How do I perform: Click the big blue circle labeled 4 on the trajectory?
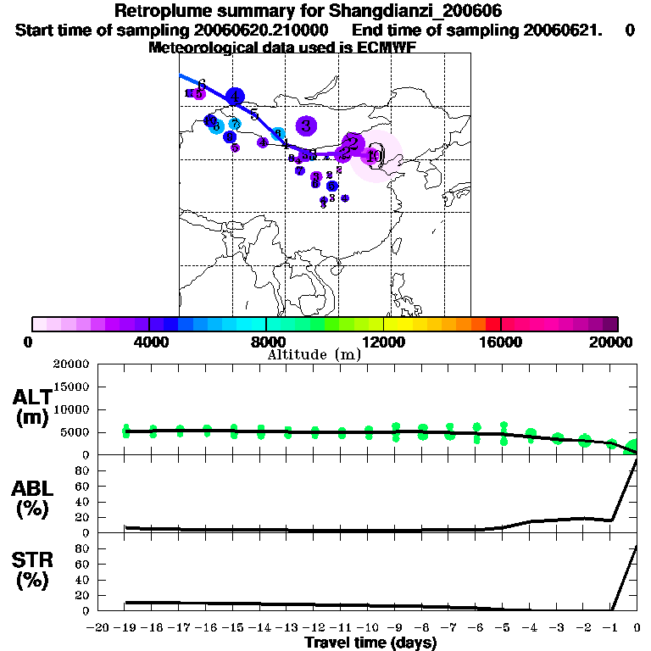(235, 97)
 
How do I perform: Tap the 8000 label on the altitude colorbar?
(266, 342)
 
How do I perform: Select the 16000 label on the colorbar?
(500, 342)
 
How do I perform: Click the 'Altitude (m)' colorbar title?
(314, 354)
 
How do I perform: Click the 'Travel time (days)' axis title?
(370, 643)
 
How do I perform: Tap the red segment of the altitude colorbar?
(492, 324)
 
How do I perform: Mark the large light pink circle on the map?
(376, 157)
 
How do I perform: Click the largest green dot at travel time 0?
(633, 446)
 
